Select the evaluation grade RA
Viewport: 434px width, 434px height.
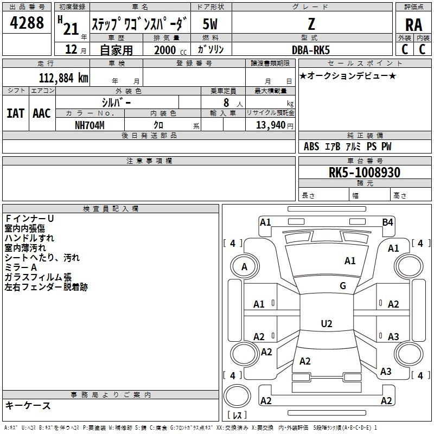point(413,25)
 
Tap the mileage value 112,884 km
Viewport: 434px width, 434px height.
point(63,78)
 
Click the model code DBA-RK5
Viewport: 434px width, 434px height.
point(311,50)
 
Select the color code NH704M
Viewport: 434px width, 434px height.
point(90,125)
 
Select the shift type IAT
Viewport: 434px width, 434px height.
point(15,113)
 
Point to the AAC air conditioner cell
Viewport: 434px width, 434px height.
point(41,113)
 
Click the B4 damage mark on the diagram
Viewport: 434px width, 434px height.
point(387,222)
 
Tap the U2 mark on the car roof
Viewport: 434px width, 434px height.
point(326,324)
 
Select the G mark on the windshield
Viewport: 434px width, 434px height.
point(342,286)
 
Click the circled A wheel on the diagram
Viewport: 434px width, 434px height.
point(244,266)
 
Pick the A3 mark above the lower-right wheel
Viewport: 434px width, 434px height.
point(393,337)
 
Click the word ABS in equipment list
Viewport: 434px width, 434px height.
point(311,146)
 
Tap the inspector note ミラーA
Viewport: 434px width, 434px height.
point(21,267)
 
